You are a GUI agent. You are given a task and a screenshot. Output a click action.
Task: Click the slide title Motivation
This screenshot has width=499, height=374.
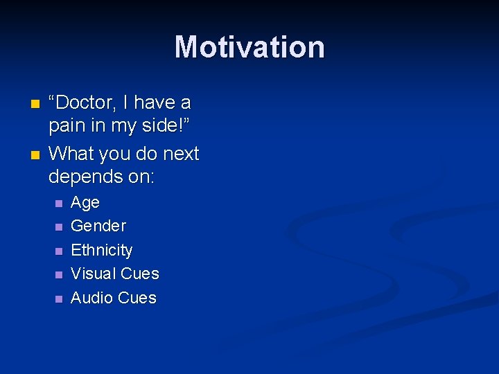[249, 48]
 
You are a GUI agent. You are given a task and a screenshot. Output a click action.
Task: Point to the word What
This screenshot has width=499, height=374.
[71, 153]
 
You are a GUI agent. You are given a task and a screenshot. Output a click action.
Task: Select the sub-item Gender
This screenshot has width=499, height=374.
[98, 226]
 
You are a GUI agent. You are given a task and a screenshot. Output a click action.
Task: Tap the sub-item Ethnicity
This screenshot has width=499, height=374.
[101, 250]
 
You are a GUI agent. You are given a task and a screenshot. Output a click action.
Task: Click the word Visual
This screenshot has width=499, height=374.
[92, 274]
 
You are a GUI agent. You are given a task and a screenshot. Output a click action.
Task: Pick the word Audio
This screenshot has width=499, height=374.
[91, 298]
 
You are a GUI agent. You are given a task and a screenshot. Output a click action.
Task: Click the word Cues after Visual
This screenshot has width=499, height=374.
[139, 274]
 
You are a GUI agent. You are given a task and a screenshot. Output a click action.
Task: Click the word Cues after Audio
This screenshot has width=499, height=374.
[137, 298]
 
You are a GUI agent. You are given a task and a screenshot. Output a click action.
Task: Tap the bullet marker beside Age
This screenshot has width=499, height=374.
[59, 204]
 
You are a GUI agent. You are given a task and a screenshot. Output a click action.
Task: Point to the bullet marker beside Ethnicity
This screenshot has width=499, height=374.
[59, 251]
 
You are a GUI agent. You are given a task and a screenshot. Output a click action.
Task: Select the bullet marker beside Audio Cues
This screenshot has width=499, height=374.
[59, 299]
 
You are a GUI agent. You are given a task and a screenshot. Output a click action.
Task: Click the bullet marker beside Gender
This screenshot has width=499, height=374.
[59, 226]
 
